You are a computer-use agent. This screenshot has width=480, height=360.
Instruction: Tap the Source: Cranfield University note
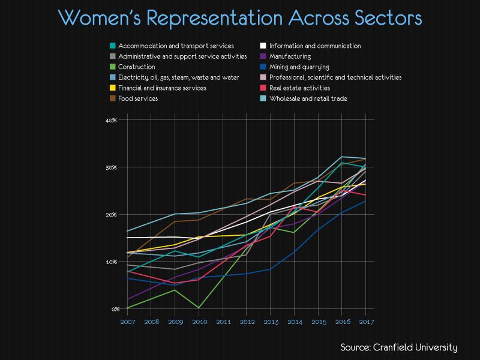pos(399,347)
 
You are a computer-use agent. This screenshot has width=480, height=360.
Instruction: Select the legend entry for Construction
pos(137,67)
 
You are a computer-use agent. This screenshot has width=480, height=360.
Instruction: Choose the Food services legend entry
pos(138,98)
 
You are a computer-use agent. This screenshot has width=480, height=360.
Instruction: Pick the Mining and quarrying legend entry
pos(299,67)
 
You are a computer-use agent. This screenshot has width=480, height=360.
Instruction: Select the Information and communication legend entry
pos(315,46)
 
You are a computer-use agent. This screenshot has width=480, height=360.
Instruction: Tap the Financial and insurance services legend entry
pos(162,88)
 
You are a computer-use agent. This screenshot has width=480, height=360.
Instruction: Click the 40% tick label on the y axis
pos(111,120)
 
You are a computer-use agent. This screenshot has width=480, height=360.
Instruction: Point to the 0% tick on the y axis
pos(113,309)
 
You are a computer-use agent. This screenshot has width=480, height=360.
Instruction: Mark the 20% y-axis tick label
pos(111,215)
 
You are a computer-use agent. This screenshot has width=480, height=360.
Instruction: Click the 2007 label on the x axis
pos(127,322)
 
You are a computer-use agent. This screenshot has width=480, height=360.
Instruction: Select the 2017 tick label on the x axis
pos(366,322)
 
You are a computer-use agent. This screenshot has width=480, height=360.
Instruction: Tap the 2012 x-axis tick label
pos(247,322)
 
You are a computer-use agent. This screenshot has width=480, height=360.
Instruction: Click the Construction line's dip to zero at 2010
pos(199,308)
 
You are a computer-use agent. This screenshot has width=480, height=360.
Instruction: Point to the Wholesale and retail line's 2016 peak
pos(342,157)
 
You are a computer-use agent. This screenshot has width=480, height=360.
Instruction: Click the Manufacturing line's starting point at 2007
pos(127,299)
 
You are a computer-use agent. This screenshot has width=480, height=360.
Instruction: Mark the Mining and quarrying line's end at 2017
pos(366,201)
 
